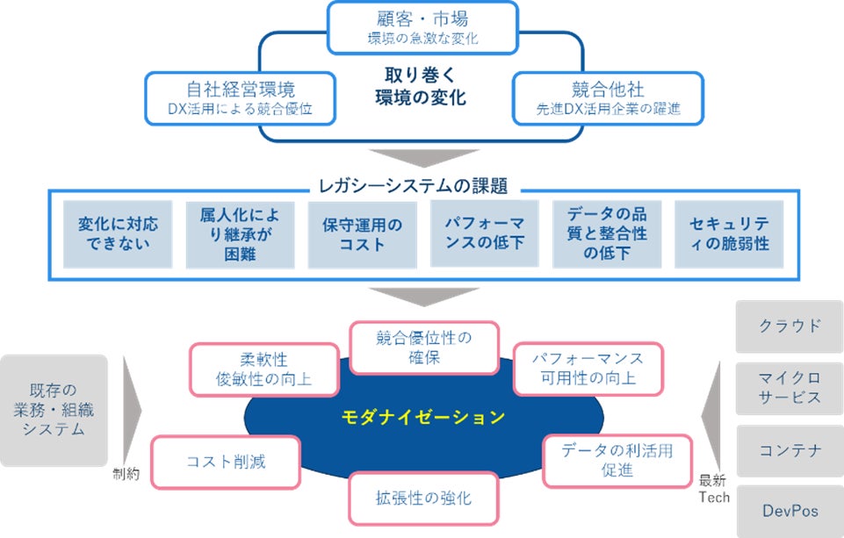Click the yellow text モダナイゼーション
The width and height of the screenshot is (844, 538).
click(423, 417)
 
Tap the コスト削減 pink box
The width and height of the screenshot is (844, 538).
click(226, 461)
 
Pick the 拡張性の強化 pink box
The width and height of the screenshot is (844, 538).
click(423, 499)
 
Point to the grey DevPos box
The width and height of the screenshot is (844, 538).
click(790, 510)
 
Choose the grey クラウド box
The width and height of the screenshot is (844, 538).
click(790, 326)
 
